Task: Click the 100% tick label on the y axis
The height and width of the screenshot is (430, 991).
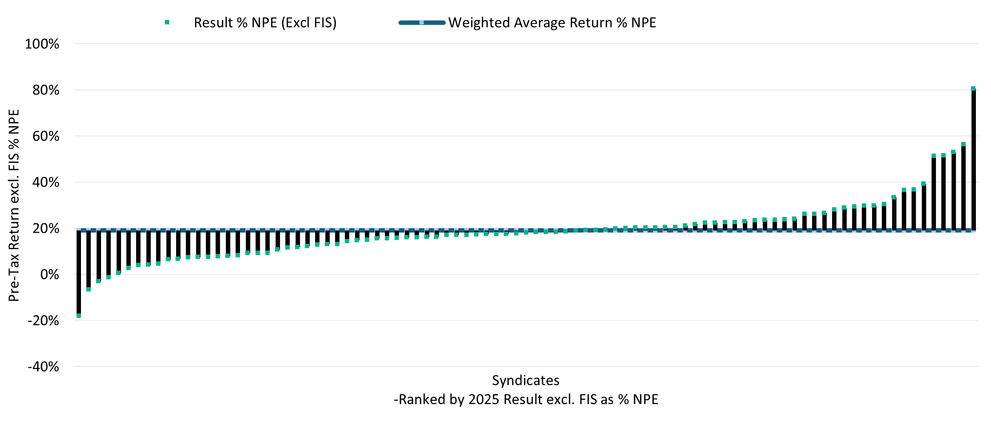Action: (42, 44)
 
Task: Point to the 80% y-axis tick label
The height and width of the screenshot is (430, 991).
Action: (45, 90)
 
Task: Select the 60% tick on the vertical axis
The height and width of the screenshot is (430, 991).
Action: (45, 136)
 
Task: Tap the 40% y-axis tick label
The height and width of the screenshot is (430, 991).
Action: (45, 182)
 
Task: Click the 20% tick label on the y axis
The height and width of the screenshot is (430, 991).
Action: (45, 228)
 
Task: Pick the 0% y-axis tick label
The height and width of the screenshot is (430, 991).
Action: (49, 274)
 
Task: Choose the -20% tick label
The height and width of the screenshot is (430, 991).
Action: (43, 321)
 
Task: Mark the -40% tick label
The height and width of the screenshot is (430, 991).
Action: (43, 367)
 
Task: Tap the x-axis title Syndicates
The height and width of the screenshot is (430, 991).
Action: (526, 380)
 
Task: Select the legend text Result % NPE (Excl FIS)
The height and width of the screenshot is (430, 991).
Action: (265, 23)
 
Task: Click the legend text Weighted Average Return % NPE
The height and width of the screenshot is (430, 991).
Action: (552, 23)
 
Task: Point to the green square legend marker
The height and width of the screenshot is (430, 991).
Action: (167, 22)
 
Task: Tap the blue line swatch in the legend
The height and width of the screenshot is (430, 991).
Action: (422, 22)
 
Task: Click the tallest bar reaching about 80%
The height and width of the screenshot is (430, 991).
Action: (973, 159)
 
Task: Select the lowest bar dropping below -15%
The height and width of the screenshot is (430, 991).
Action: (79, 273)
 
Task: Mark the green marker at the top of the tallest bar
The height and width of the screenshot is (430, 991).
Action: (973, 89)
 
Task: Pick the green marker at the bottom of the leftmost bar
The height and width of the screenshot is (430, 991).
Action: (79, 316)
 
